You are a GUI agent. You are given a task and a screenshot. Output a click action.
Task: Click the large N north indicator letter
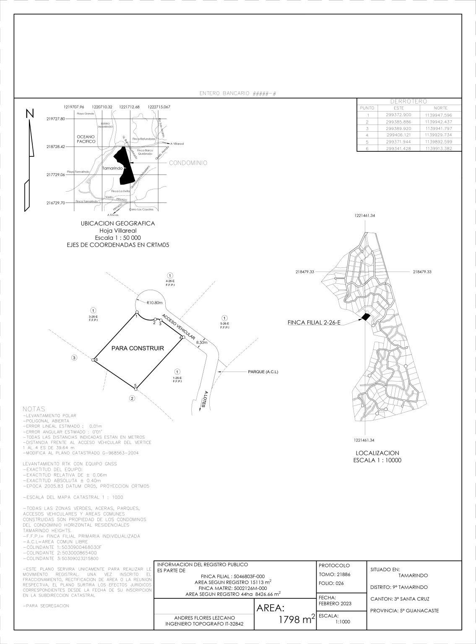coord(30,114)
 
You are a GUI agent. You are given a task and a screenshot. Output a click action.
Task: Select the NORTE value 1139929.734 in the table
coord(438,135)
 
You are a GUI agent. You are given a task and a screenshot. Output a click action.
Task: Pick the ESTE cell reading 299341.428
coord(398,148)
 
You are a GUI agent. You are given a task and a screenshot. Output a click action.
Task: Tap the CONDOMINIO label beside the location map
coord(188,163)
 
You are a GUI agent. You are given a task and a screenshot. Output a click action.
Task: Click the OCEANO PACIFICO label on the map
coord(86,139)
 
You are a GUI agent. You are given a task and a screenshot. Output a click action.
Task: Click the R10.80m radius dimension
coord(154,303)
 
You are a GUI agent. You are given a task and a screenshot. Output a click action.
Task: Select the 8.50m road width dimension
coord(202,343)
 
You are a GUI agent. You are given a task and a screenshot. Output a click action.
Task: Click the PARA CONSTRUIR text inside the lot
coord(138,348)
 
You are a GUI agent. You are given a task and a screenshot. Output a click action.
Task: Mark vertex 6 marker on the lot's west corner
coord(93,360)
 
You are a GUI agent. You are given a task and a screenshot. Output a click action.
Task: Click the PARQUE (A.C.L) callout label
coord(263,372)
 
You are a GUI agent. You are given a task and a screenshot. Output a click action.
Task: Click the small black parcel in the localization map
coord(366,317)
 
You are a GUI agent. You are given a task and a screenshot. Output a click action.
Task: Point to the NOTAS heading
coord(34,408)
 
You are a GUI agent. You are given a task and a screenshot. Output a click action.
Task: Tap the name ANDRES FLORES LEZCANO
coord(204,618)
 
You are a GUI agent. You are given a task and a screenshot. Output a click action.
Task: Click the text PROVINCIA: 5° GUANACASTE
coord(404,610)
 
